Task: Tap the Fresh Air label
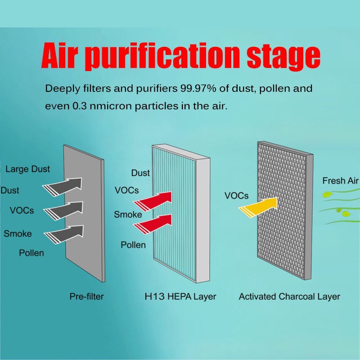pos(340,181)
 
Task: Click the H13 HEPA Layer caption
pos(180,297)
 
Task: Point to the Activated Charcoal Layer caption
pos(289,297)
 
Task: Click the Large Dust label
pos(28,169)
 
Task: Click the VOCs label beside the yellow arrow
pos(236,196)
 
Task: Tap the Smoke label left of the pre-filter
pos(18,234)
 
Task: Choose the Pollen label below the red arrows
pos(133,245)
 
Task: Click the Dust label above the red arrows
pos(140,173)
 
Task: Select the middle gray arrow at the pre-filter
pos(65,209)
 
